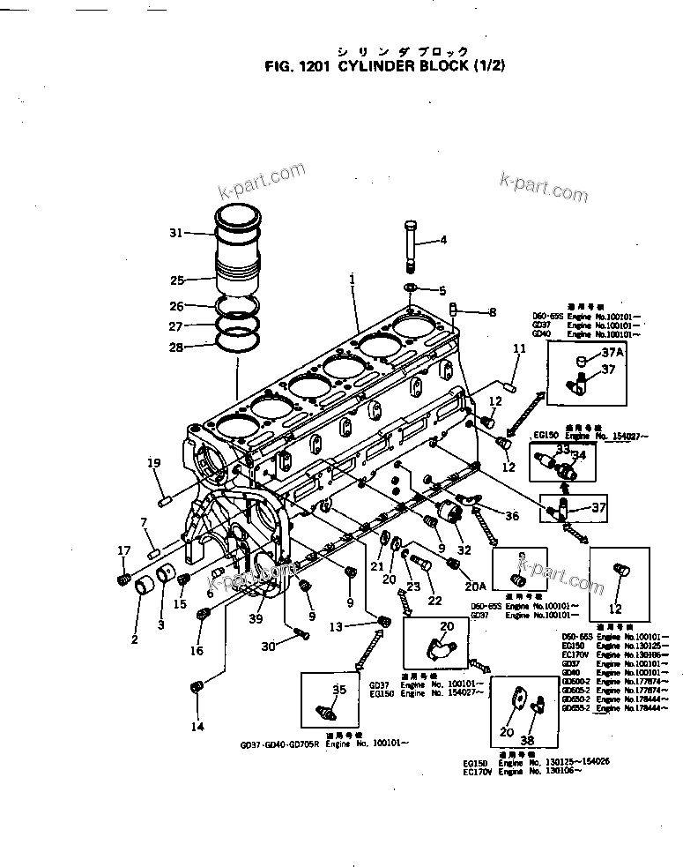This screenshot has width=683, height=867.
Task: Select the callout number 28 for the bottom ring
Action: pyautogui.click(x=176, y=348)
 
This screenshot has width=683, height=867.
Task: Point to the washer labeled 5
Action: pyautogui.click(x=412, y=288)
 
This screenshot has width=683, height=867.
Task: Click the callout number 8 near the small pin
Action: pyautogui.click(x=492, y=311)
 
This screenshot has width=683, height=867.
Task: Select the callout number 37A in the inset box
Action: pyautogui.click(x=612, y=353)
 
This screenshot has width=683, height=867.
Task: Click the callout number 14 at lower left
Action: pyautogui.click(x=197, y=727)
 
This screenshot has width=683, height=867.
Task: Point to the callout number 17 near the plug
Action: pyautogui.click(x=123, y=551)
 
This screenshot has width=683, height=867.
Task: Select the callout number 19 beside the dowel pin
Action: pyautogui.click(x=153, y=463)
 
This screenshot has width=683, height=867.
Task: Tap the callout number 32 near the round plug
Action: pyautogui.click(x=464, y=549)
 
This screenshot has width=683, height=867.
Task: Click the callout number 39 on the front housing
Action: pyautogui.click(x=256, y=619)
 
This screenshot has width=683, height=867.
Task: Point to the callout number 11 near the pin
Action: pyautogui.click(x=519, y=349)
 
